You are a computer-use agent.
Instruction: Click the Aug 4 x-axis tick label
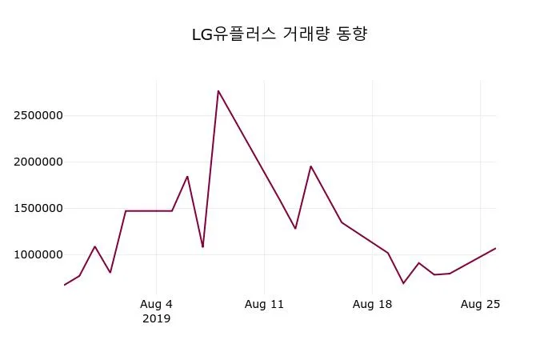coord(156,304)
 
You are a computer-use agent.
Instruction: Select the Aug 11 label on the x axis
coord(264,304)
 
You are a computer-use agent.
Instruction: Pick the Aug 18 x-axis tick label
coord(372,304)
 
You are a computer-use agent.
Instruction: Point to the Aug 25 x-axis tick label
coord(480,304)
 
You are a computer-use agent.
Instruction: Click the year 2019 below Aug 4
coord(156,318)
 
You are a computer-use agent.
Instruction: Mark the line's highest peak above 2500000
coord(218,91)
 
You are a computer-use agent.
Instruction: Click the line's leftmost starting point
coord(64,285)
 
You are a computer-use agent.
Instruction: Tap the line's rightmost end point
coord(495,248)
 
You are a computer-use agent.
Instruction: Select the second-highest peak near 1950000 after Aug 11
coord(310,166)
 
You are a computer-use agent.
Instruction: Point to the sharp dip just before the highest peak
coord(202,246)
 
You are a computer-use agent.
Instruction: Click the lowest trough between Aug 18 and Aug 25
coord(403,283)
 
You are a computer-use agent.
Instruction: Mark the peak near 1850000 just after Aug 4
coord(187,176)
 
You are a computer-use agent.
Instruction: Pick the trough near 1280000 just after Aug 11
coord(295,229)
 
